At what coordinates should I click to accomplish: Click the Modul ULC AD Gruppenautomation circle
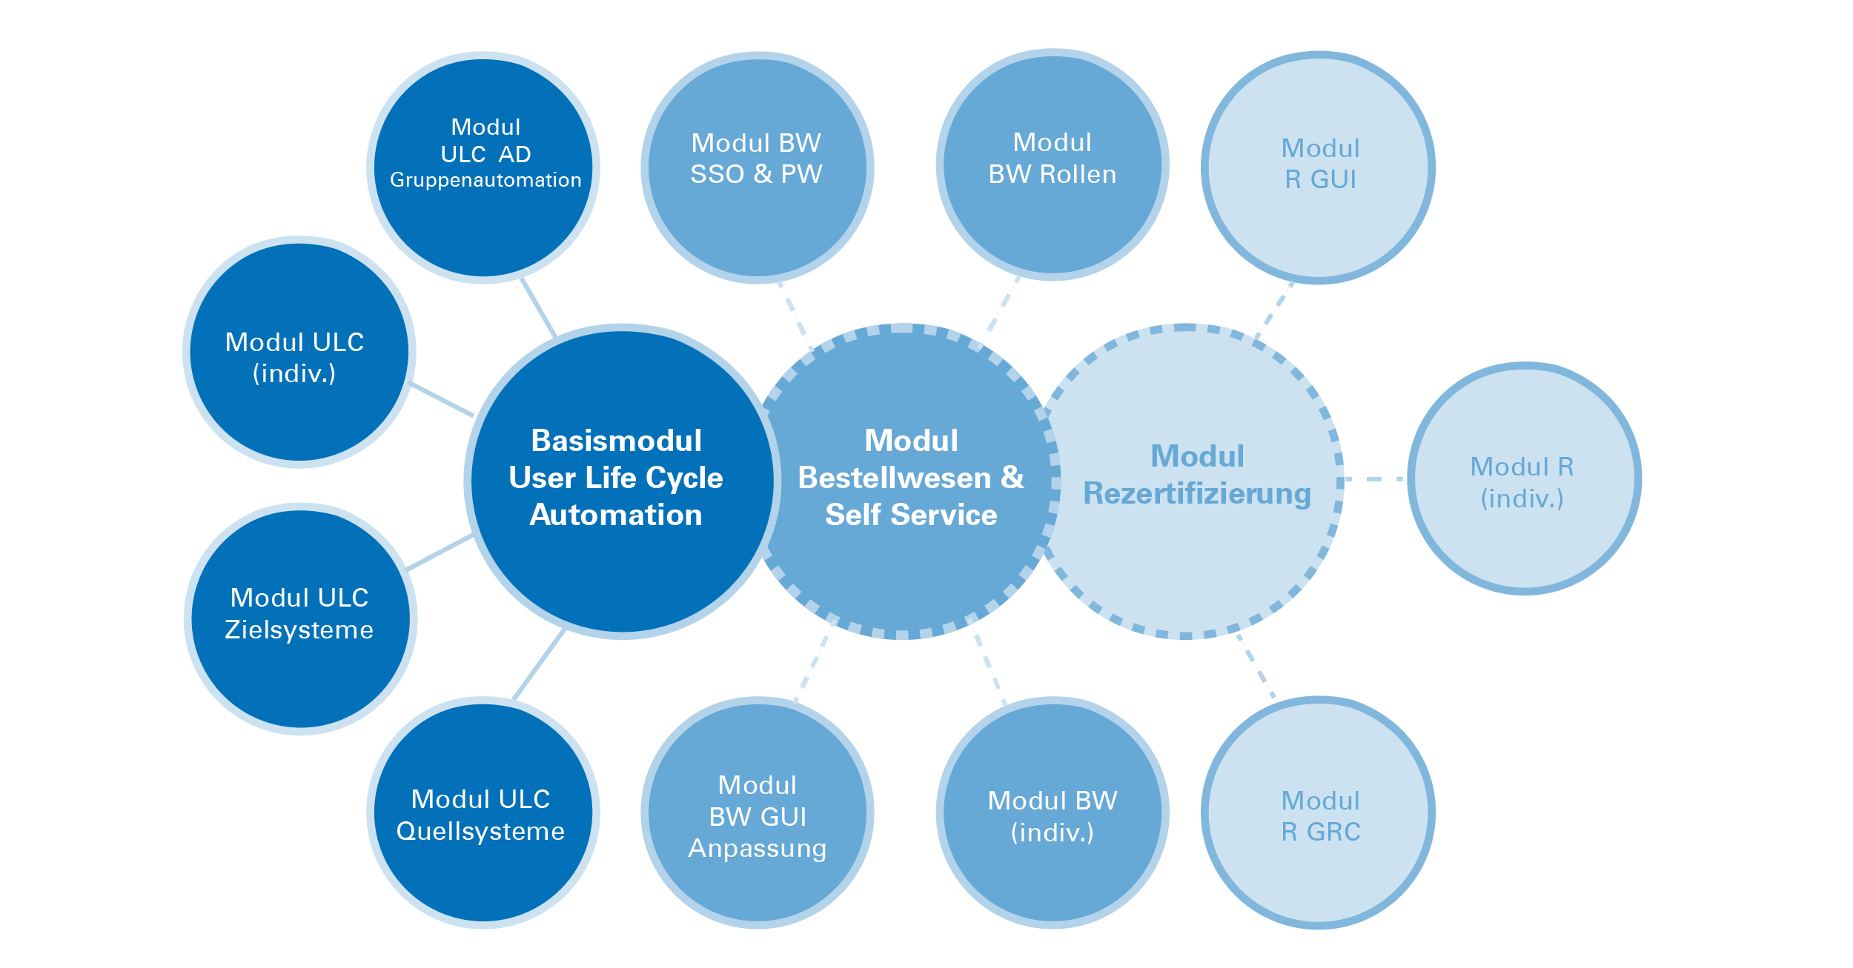point(483,167)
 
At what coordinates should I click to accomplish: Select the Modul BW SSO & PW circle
point(758,167)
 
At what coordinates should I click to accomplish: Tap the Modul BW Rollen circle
point(1053,164)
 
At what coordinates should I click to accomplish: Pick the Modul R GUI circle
point(1319,167)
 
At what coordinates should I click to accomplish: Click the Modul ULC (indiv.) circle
point(299,352)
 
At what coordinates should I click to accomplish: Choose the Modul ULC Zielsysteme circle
point(300,618)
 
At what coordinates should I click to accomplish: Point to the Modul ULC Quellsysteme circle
point(483,812)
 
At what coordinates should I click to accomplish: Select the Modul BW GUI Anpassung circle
point(758,812)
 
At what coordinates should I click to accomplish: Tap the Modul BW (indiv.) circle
point(1053,812)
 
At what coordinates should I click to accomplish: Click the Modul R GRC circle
point(1319,812)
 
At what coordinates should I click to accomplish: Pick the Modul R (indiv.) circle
point(1525,478)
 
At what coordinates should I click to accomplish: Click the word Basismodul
point(617,441)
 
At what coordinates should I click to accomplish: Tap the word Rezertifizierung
point(1197,494)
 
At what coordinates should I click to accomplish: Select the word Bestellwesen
point(894,478)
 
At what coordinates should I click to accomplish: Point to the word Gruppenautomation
point(485,181)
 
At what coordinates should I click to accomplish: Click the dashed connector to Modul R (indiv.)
point(1375,479)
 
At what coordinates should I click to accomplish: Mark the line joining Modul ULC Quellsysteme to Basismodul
point(539,664)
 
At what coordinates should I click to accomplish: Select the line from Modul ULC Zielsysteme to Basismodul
point(440,552)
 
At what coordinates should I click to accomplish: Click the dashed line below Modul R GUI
point(1275,310)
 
